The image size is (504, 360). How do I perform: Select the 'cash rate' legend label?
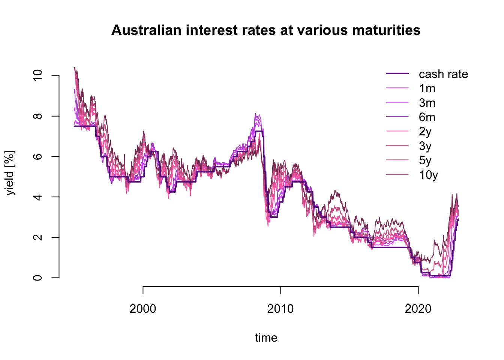(443, 74)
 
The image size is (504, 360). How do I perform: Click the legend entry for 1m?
(427, 88)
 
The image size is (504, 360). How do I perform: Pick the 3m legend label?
(427, 103)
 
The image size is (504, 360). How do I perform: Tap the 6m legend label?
(427, 117)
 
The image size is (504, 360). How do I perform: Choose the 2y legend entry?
(425, 132)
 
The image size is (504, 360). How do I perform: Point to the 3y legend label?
(425, 146)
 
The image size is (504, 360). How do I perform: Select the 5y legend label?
(425, 160)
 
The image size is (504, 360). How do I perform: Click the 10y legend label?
(429, 175)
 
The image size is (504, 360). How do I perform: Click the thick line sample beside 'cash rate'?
(397, 74)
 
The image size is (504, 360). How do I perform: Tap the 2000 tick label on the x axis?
(143, 309)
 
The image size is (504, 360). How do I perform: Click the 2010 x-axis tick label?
(280, 309)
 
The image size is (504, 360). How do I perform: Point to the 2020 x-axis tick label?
(418, 309)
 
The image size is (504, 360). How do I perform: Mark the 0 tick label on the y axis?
(38, 278)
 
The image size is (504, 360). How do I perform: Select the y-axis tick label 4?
(38, 197)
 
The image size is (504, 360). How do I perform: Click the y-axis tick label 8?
(38, 116)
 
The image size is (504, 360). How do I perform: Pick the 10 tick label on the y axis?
(38, 76)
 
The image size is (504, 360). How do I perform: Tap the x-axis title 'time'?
(266, 338)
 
